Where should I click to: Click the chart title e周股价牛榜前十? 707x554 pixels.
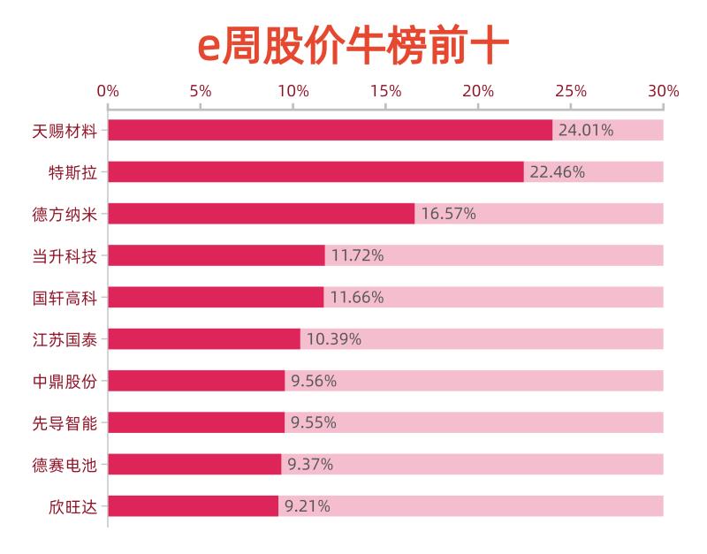353,46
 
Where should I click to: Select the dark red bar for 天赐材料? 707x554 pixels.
330,130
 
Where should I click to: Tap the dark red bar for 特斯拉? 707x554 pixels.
315,171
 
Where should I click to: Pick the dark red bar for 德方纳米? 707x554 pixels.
261,213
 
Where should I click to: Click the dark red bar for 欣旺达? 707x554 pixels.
193,506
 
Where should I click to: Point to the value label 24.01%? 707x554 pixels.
585,130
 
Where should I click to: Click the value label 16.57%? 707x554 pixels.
448,213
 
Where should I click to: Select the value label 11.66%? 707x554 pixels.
357,297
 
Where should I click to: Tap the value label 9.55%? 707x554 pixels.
313,422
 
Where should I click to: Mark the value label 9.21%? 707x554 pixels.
307,506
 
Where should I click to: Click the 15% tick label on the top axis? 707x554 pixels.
386,91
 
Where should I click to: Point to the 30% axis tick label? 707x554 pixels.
663,91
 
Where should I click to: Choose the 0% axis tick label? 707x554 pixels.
108,91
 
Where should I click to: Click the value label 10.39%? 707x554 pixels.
333,339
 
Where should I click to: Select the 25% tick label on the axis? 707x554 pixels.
571,91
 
